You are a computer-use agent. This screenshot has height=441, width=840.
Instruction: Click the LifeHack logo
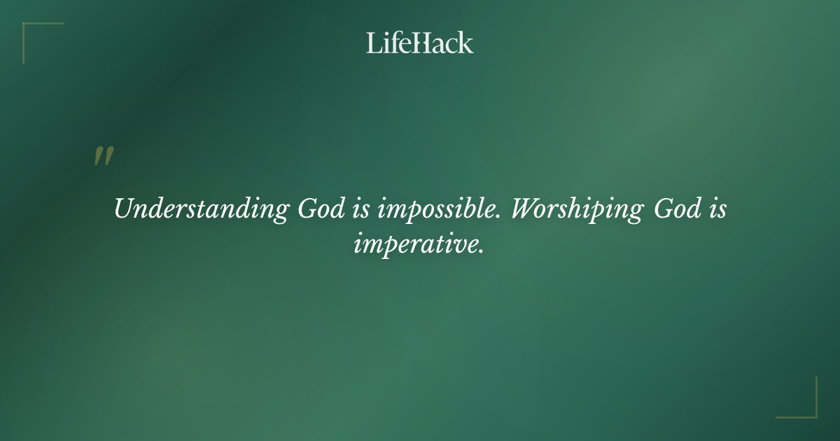click(420, 43)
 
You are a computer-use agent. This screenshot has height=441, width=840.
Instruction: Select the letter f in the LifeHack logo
click(393, 43)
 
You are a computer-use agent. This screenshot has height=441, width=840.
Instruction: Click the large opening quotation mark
click(104, 157)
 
